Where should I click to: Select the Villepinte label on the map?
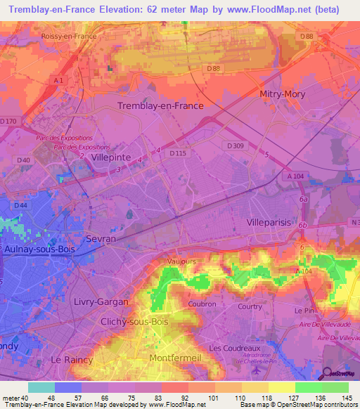click(111, 158)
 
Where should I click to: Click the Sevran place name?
click(100, 239)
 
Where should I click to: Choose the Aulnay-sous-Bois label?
click(40, 250)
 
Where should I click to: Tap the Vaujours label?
click(181, 261)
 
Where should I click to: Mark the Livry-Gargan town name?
click(101, 301)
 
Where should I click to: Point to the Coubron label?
click(202, 304)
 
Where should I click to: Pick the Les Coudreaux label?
click(230, 348)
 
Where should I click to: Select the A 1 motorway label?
click(59, 81)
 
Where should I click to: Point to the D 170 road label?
click(8, 121)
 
